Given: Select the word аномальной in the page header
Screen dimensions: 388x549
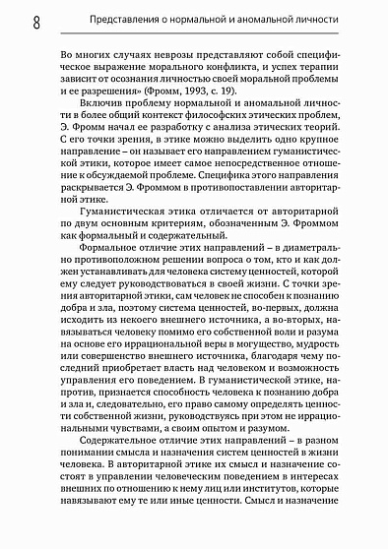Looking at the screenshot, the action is point(295,18).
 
